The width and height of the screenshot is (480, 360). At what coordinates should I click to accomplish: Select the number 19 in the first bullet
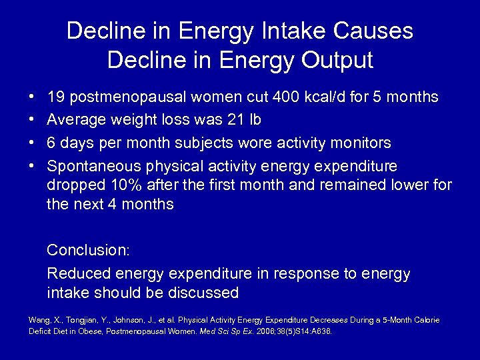click(x=55, y=97)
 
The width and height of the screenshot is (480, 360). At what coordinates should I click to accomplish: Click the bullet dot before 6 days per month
click(x=31, y=143)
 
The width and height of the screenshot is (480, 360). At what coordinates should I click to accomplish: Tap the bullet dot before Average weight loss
click(x=31, y=121)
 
